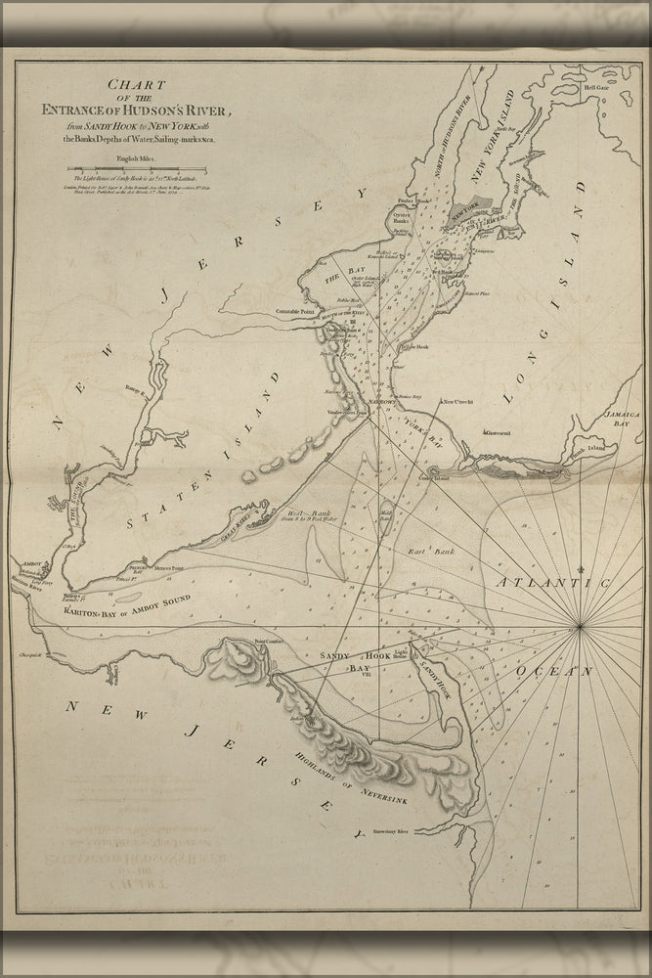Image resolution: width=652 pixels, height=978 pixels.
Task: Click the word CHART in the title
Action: (154, 87)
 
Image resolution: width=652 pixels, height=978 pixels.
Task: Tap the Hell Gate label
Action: (596, 87)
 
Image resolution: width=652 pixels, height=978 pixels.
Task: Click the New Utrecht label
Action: (458, 401)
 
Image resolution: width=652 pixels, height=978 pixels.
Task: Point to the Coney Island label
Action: (433, 477)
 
